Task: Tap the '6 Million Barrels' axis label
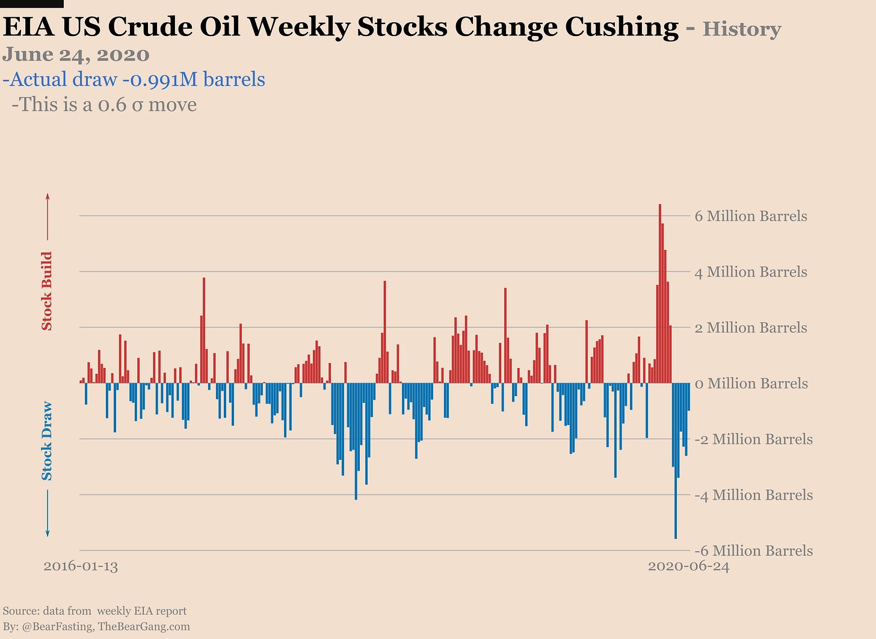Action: click(x=750, y=216)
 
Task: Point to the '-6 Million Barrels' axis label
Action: click(x=753, y=551)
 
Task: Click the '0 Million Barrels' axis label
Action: click(x=751, y=384)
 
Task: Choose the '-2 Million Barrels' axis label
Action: click(x=753, y=439)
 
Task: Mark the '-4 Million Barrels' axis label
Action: click(x=753, y=495)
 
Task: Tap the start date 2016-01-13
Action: click(x=81, y=566)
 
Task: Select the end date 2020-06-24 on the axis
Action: click(x=688, y=566)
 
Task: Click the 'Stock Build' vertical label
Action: click(x=47, y=291)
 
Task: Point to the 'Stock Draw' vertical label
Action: click(x=47, y=441)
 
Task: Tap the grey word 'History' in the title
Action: click(x=741, y=29)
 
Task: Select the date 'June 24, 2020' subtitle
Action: click(x=76, y=55)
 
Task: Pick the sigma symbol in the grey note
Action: click(x=137, y=105)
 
